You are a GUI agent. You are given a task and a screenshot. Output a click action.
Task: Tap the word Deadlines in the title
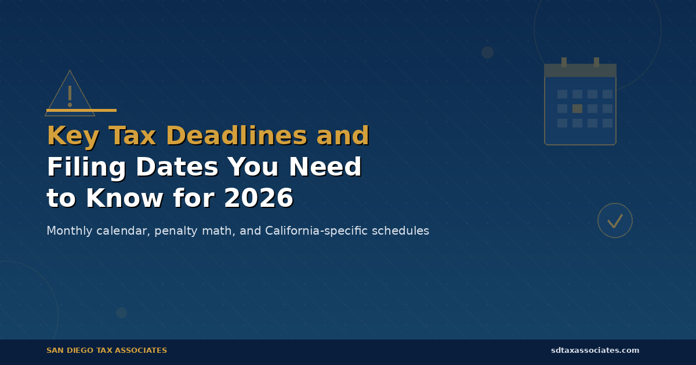point(237,137)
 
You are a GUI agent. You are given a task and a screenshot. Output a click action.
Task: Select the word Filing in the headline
point(86,168)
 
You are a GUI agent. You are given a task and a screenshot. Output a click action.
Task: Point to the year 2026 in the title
point(258,199)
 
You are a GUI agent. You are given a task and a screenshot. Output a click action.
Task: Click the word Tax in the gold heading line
point(132,137)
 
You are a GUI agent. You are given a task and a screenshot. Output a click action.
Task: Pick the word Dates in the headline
point(177,168)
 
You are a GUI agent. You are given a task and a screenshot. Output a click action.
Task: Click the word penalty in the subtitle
point(173,231)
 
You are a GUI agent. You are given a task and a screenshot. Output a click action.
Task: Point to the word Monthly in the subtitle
point(69,231)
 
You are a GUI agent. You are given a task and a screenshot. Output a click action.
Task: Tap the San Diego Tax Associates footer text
point(107,351)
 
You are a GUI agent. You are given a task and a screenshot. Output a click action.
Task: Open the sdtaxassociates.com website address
point(595,351)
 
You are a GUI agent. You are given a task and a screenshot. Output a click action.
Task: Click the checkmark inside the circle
point(615,221)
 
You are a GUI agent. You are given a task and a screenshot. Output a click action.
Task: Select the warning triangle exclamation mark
point(70,96)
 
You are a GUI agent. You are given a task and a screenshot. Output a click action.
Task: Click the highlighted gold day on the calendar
point(577,108)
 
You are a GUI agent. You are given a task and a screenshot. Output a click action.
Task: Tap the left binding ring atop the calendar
point(564,62)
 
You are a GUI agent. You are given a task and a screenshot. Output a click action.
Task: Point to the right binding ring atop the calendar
point(596,62)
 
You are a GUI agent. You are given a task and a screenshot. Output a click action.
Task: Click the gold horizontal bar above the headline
point(81,110)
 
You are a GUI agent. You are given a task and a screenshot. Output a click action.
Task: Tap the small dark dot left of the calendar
point(487,52)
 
